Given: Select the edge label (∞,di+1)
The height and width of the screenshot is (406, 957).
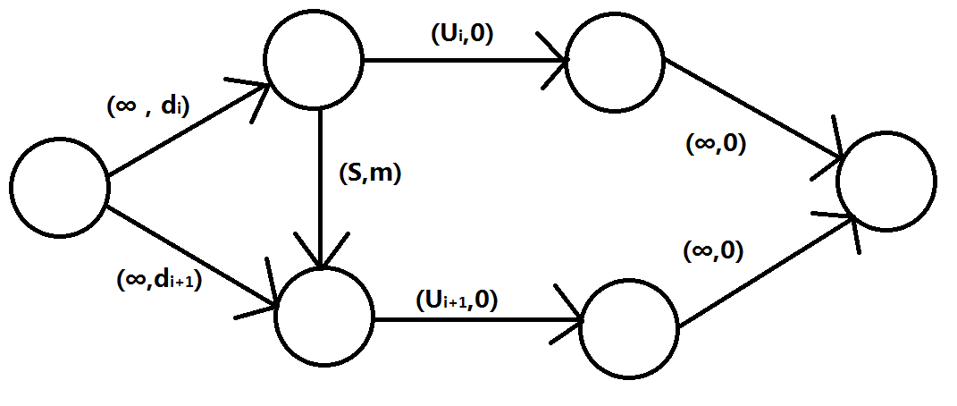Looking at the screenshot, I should [x=159, y=280].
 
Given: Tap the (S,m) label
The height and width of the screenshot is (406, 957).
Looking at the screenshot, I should [x=371, y=174].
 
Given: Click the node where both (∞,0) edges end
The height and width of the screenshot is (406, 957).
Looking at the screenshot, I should [x=886, y=182].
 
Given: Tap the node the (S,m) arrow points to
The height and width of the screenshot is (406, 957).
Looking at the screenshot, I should [x=323, y=316].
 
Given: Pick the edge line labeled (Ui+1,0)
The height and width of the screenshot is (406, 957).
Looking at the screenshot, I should [x=474, y=317].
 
